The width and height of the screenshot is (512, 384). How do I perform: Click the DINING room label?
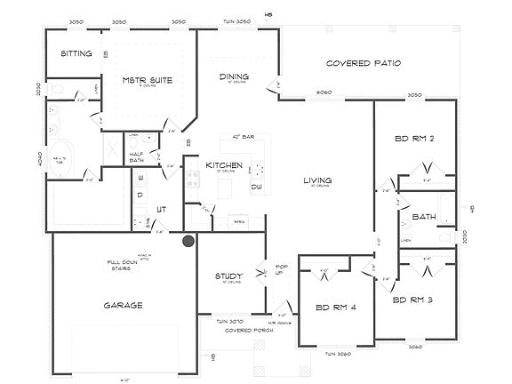233,76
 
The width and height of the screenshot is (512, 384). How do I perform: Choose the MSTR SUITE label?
147,80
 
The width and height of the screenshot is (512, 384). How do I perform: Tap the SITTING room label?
76,53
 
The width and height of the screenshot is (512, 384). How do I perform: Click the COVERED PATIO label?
364,63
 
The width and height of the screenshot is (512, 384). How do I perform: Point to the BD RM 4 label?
335,308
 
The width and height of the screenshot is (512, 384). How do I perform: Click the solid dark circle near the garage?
188,241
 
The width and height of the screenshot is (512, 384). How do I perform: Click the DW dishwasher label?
256,187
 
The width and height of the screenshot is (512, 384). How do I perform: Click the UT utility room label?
162,209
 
